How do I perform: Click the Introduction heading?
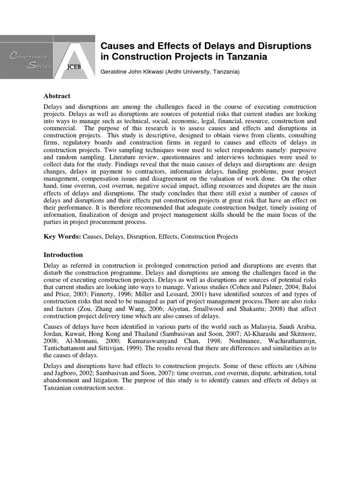point(63,255)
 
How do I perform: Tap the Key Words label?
point(62,237)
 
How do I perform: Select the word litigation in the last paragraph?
point(97,381)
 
